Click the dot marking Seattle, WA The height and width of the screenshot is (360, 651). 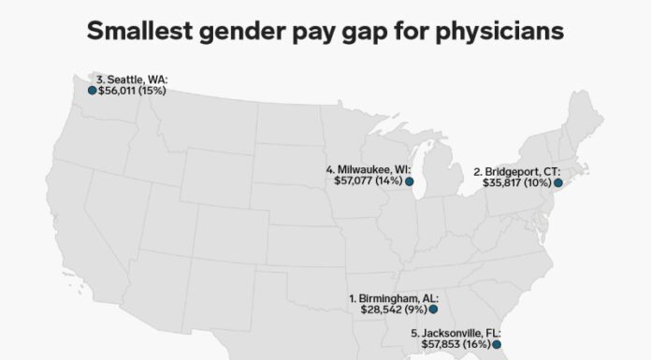click(92, 91)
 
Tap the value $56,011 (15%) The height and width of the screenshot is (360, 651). click(132, 91)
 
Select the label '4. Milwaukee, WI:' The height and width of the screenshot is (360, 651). click(369, 169)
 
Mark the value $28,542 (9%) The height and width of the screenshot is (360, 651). click(392, 309)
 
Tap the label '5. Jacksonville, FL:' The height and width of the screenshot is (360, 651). click(456, 332)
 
